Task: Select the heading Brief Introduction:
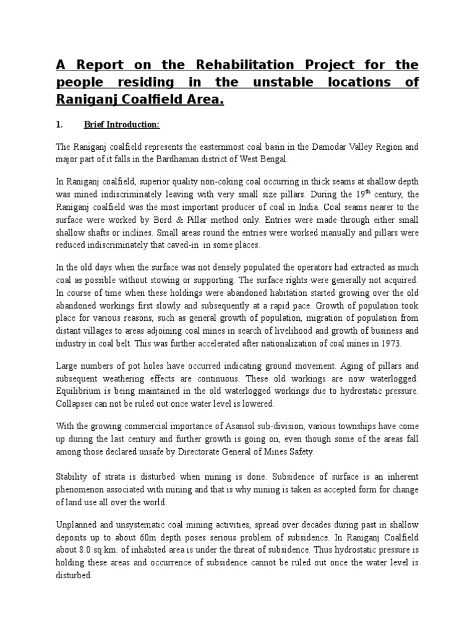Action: pos(122,124)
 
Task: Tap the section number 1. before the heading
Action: pos(59,124)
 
